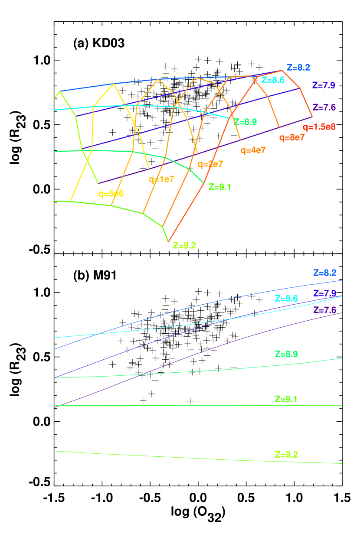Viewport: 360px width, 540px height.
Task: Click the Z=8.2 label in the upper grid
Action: click(x=298, y=68)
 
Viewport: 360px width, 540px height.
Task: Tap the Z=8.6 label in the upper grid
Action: click(x=273, y=80)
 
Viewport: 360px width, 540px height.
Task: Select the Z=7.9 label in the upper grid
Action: click(x=323, y=85)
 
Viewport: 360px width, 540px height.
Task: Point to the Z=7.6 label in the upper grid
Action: click(x=324, y=107)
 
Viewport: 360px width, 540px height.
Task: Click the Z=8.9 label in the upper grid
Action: click(x=245, y=122)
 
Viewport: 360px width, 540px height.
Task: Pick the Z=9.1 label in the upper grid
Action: click(x=219, y=187)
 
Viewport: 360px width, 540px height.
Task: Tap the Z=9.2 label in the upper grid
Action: click(x=184, y=245)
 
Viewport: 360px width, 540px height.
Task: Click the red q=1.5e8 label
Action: click(x=319, y=127)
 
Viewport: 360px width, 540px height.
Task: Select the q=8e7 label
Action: click(x=292, y=138)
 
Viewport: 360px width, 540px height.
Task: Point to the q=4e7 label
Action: click(x=253, y=150)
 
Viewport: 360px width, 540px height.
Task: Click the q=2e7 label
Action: click(x=210, y=164)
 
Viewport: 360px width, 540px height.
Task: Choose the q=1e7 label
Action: click(x=161, y=179)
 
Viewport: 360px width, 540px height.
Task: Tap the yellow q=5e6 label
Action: click(x=111, y=194)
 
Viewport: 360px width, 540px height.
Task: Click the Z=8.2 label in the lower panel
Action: click(x=324, y=273)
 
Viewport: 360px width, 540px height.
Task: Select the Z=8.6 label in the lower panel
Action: click(x=286, y=299)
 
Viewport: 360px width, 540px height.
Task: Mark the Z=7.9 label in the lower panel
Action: click(x=324, y=293)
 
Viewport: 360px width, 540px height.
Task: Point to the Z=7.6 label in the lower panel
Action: click(x=324, y=310)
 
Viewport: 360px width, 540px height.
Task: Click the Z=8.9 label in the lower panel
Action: click(x=286, y=354)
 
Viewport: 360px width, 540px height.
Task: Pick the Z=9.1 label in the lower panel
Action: click(x=286, y=399)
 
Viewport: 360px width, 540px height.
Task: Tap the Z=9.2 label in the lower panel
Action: click(x=286, y=455)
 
